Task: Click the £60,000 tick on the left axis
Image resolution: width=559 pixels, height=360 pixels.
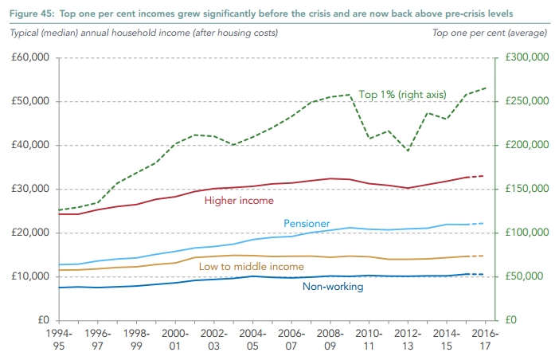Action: (29, 58)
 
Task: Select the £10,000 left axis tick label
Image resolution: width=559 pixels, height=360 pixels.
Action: (29, 276)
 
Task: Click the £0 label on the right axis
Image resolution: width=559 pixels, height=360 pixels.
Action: (505, 320)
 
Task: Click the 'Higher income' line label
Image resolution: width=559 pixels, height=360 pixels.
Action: (238, 201)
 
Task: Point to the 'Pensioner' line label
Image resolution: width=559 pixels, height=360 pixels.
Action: (307, 224)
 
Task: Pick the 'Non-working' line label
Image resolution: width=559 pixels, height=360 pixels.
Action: (333, 287)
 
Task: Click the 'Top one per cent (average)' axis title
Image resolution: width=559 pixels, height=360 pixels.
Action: (489, 33)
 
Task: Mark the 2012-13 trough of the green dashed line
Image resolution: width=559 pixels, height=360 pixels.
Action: (408, 151)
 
